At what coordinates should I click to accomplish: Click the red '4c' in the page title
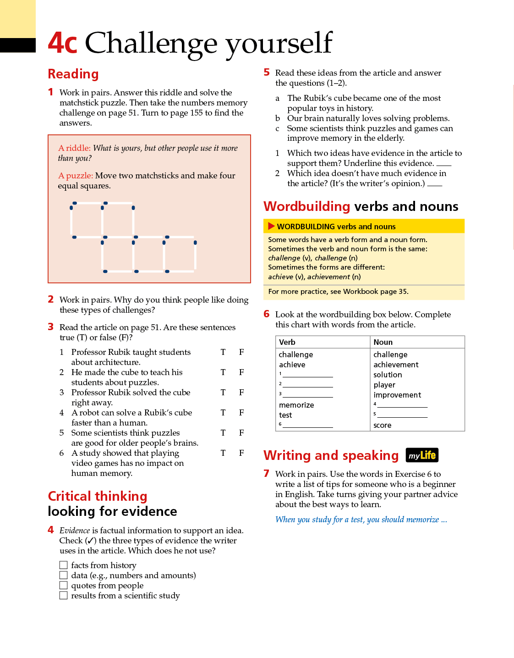62,43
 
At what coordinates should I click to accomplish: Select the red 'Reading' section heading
73,74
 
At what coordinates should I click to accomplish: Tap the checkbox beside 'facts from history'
64,565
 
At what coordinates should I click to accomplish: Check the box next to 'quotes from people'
64,585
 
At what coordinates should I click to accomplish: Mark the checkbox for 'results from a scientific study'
64,595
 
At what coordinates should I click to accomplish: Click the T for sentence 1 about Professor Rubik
223,352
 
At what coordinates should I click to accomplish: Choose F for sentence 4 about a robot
241,413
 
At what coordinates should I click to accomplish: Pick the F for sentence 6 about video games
241,453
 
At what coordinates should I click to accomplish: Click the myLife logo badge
422,455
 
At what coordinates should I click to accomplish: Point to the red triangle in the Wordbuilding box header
271,226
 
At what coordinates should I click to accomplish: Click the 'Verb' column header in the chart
287,342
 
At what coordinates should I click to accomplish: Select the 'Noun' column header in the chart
383,342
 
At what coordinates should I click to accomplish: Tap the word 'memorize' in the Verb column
296,405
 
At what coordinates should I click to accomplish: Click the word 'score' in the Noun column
383,425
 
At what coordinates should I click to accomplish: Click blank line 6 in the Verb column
308,426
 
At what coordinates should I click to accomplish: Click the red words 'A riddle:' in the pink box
74,148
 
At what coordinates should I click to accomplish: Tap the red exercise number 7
267,473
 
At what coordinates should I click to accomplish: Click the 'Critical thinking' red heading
98,496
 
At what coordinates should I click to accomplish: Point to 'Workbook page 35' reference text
376,292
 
